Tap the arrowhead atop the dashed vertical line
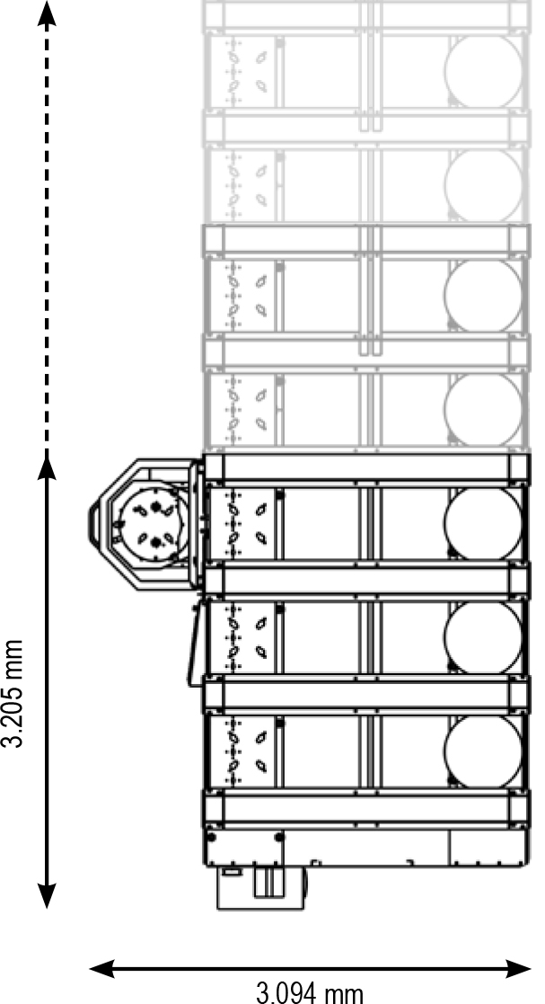[x=48, y=12]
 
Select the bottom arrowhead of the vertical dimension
[x=48, y=895]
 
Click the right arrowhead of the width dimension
[x=521, y=968]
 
